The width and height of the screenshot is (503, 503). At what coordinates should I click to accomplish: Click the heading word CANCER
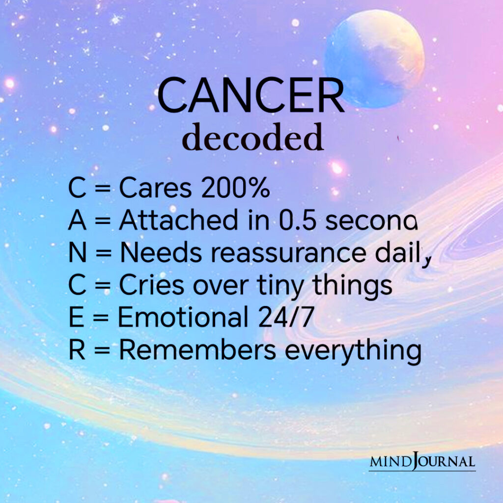[x=251, y=96]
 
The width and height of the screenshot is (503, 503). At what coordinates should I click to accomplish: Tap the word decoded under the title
[x=253, y=138]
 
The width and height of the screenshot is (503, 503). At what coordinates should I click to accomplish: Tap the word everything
[x=352, y=351]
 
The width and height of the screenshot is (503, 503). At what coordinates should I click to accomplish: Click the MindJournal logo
[x=422, y=462]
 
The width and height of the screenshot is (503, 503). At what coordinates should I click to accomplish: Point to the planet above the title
[x=374, y=58]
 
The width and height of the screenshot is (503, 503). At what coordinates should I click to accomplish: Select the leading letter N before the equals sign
[x=77, y=253]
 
